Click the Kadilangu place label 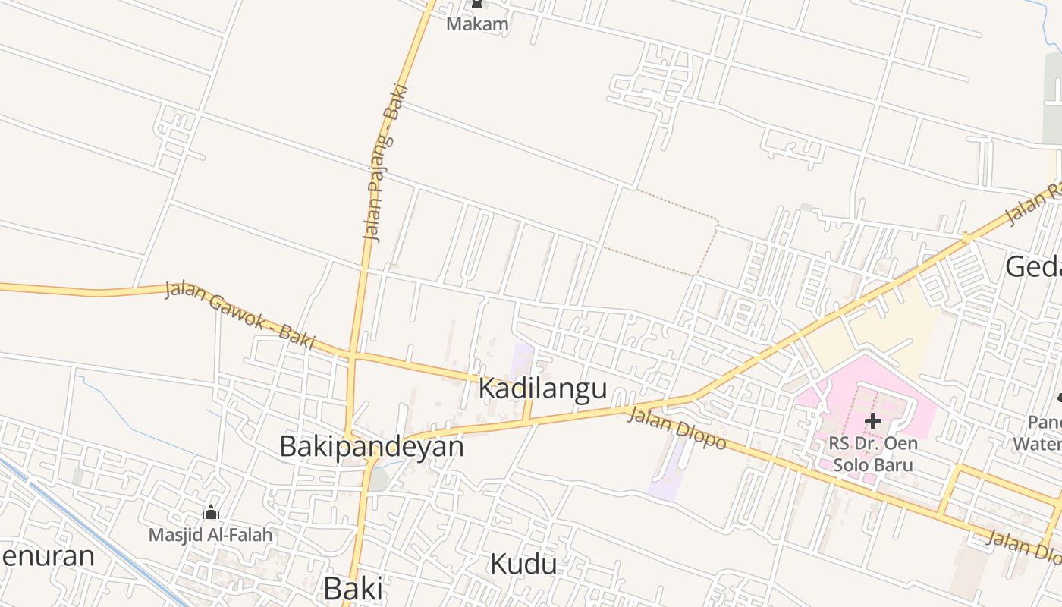coord(542,388)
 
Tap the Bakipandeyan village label coord(372,446)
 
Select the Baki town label coord(353,588)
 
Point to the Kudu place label coord(523,564)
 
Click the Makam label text coord(477,24)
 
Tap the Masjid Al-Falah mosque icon coord(211,514)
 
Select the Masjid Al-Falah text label coord(210,535)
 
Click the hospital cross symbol coord(872,420)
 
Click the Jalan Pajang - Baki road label coord(385,163)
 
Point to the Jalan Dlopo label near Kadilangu coord(677,429)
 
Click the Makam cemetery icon coord(477,5)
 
